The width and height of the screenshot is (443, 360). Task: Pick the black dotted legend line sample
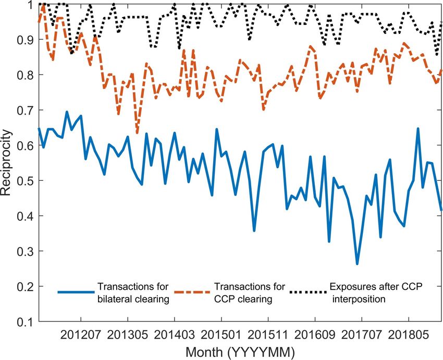(x=308, y=292)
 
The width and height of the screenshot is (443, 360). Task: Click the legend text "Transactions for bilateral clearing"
(x=130, y=292)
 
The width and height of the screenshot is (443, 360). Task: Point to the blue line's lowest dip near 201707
(x=358, y=264)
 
